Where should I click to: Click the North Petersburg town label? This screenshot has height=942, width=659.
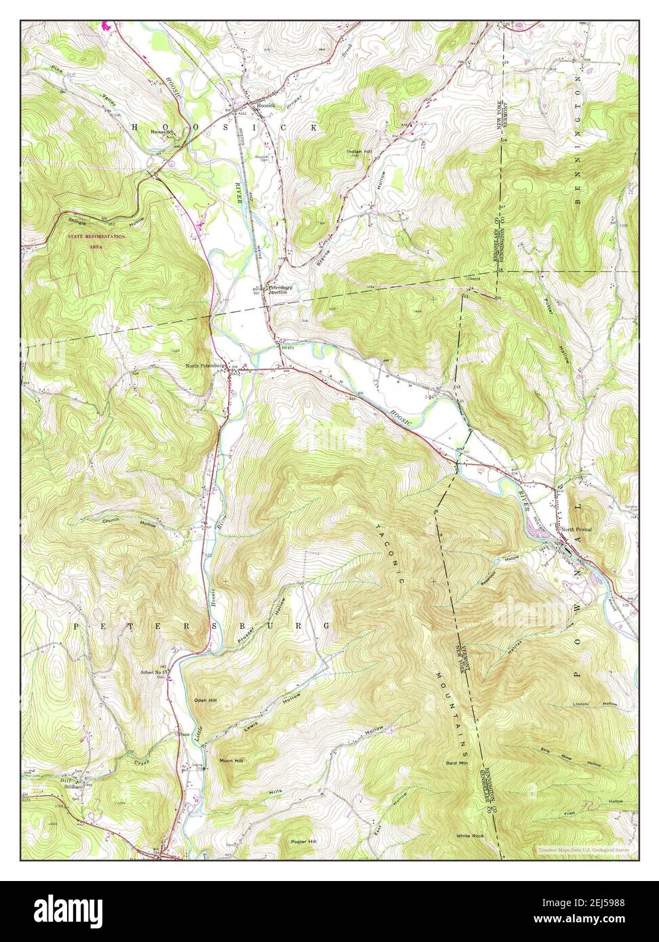tap(205, 366)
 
